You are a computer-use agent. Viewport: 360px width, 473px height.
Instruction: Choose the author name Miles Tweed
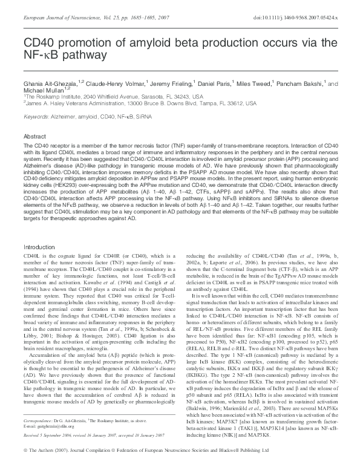click(269, 83)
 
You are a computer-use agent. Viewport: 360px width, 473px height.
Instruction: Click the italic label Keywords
click(36, 116)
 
